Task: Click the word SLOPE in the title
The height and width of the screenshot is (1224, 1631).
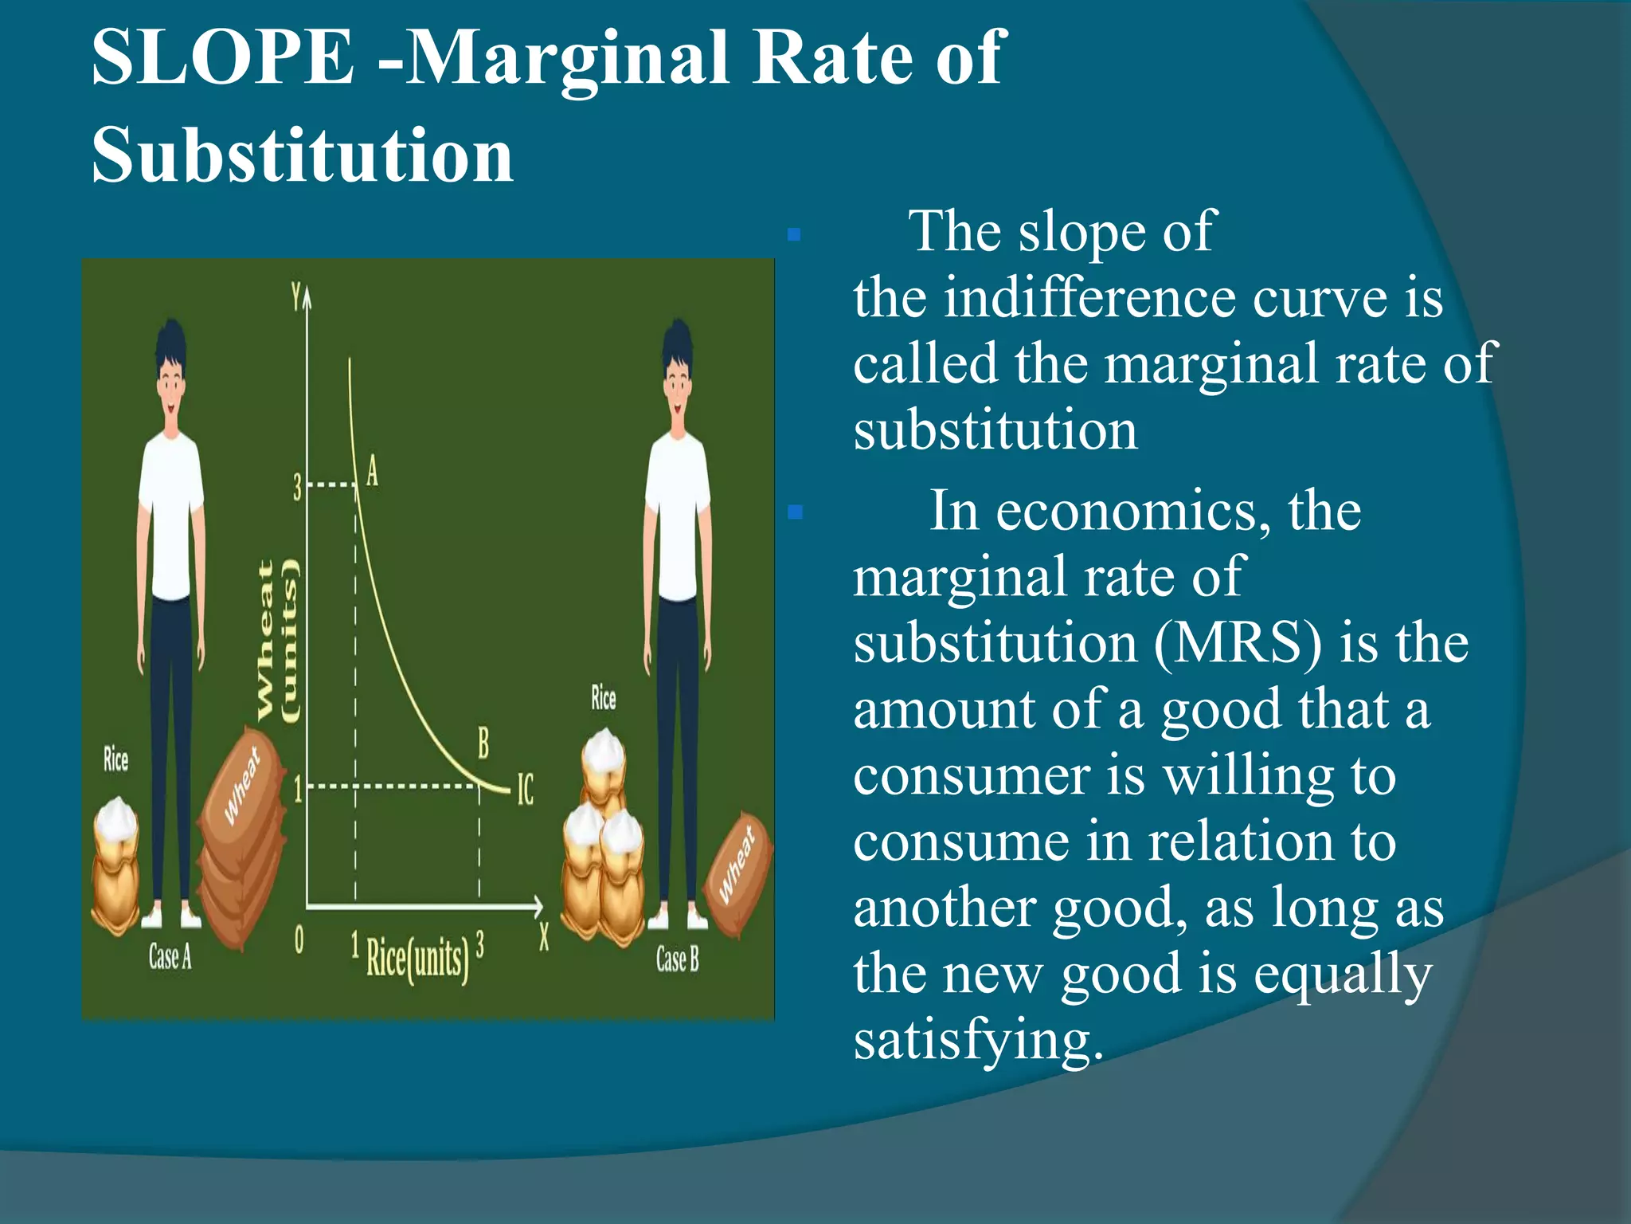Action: (x=223, y=57)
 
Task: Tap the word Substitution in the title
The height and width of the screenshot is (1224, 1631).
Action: (x=303, y=155)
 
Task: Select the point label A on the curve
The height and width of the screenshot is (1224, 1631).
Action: (x=372, y=471)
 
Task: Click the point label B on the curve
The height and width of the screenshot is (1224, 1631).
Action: (x=483, y=743)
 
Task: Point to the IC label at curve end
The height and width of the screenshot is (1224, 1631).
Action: (x=526, y=790)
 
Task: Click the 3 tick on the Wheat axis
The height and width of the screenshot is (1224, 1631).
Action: (x=297, y=487)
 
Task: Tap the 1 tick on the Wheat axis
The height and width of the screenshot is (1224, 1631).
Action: (x=298, y=790)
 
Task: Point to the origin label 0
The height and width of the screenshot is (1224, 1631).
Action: (x=299, y=941)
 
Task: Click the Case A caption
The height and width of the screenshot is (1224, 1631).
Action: (x=170, y=956)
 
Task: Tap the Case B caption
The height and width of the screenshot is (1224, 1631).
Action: (x=677, y=959)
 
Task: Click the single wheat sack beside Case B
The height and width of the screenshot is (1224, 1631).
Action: (x=737, y=873)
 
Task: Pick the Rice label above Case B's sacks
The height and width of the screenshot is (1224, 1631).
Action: (x=603, y=698)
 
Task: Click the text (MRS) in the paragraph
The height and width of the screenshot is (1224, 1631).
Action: (x=1238, y=643)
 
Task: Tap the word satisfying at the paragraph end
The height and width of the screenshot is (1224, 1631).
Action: (x=978, y=1039)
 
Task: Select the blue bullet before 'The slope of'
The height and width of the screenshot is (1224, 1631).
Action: (x=793, y=235)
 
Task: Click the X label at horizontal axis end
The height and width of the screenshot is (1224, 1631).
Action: (x=544, y=936)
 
